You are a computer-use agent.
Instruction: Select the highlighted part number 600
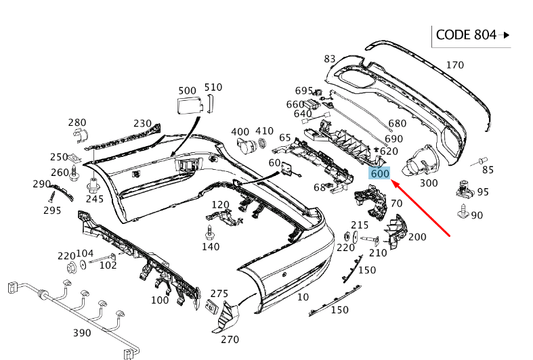click(x=380, y=173)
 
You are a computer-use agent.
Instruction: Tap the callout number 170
click(x=455, y=66)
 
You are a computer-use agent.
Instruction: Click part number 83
click(x=331, y=60)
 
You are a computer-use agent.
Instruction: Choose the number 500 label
click(x=187, y=91)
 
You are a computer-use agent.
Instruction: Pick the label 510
click(x=213, y=88)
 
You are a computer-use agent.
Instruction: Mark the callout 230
click(x=143, y=123)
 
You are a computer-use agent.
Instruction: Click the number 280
click(x=77, y=122)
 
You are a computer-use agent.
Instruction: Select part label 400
click(x=241, y=131)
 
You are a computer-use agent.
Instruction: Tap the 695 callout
click(x=303, y=91)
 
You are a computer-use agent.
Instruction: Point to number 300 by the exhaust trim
click(x=428, y=183)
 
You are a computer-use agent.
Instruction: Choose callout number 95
click(x=483, y=192)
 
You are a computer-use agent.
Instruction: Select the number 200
click(x=418, y=237)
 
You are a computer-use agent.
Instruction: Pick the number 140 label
click(x=210, y=246)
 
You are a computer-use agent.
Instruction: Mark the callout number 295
click(x=52, y=210)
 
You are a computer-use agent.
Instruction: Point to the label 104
click(x=85, y=254)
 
